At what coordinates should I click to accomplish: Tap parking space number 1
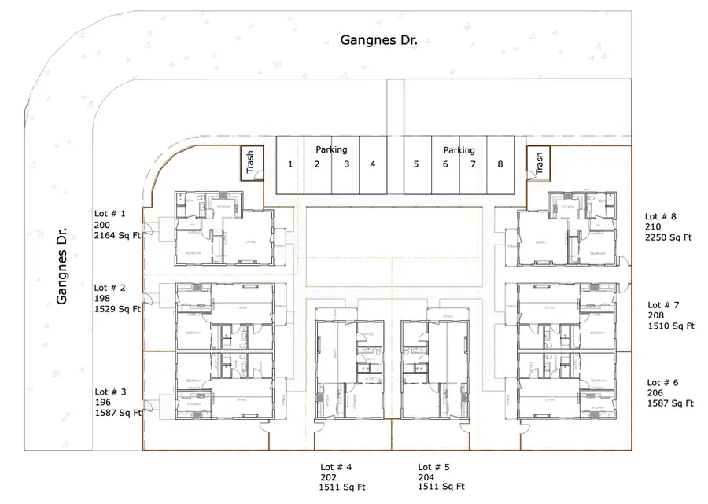coord(290,164)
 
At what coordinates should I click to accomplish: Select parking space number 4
coord(373,164)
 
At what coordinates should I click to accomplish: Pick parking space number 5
coord(416,164)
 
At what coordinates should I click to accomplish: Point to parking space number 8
coord(500,164)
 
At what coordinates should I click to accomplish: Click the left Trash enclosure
coord(251,163)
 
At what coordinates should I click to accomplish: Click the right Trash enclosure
coord(539,164)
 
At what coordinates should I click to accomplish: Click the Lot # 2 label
coord(110,288)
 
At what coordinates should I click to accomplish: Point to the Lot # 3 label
coord(111,392)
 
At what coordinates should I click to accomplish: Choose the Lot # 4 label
coord(336,466)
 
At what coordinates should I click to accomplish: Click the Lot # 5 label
coord(433,466)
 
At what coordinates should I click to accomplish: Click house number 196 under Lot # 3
coord(103,402)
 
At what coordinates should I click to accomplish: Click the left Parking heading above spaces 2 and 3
coord(331,149)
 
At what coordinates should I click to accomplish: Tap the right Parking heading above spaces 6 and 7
coord(459,150)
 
